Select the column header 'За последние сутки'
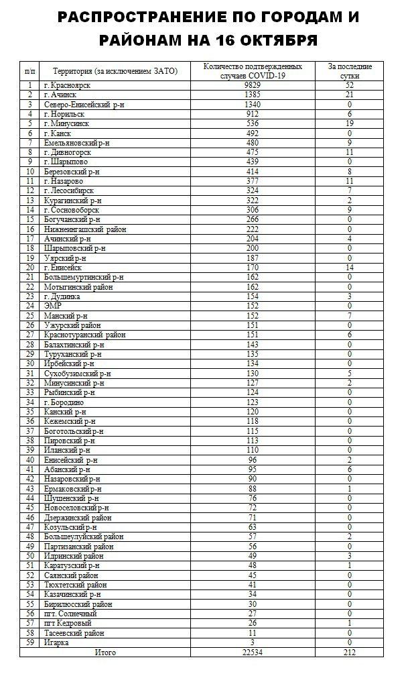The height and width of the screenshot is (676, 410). tap(350, 71)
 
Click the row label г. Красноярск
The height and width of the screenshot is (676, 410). tap(65, 85)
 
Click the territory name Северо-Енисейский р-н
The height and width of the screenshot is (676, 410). tap(80, 105)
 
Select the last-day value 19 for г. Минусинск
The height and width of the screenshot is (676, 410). tap(350, 123)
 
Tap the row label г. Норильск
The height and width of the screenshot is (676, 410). tap(63, 114)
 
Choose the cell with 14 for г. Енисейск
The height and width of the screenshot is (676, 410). tap(350, 268)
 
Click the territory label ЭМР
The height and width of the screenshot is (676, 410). tap(53, 306)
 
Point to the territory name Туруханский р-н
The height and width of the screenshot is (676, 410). tap(72, 354)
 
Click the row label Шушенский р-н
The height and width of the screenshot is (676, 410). tap(71, 498)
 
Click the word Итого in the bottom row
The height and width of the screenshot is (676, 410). tap(105, 652)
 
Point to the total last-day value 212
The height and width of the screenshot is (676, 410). tap(350, 652)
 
